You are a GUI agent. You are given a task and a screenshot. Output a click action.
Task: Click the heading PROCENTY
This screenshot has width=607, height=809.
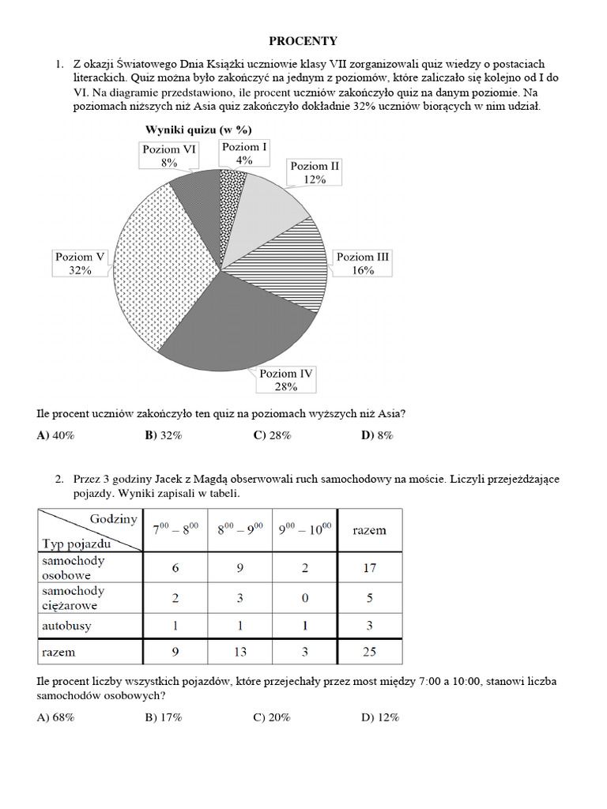[303, 41]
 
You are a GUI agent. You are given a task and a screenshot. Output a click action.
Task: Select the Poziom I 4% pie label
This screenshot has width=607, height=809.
[244, 153]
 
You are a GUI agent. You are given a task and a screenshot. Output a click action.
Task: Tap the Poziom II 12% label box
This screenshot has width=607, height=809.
[315, 172]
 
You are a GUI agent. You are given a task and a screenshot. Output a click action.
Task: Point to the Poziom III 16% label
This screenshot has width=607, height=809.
[363, 263]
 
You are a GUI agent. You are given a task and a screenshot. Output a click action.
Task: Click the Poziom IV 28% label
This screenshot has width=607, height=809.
[285, 380]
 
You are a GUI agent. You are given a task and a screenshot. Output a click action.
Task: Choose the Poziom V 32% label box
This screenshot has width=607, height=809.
[80, 263]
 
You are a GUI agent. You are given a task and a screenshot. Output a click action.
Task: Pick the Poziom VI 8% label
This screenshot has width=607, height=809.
[169, 156]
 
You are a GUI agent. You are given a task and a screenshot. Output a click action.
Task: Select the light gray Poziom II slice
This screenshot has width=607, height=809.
[268, 207]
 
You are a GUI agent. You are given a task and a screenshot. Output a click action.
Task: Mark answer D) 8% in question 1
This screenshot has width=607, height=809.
[377, 435]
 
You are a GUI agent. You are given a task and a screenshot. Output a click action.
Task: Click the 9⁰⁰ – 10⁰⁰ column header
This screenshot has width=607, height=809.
[304, 529]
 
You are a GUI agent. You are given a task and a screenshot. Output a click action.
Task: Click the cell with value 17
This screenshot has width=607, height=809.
[369, 567]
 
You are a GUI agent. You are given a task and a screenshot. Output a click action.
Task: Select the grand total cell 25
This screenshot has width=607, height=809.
[369, 652]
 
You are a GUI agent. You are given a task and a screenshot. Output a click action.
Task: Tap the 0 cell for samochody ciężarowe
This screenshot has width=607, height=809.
[304, 597]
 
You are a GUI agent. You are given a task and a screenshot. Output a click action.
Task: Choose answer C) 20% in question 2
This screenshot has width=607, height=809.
[272, 717]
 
